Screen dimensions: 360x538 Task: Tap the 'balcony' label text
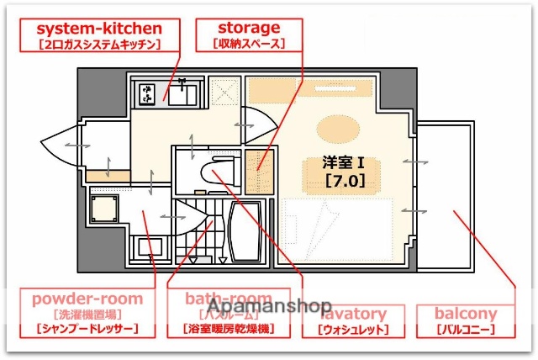[x=465, y=314]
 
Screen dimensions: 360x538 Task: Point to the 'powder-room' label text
[x=87, y=299]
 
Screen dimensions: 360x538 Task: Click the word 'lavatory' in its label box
[x=354, y=315]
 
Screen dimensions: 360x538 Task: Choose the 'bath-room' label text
[x=229, y=299]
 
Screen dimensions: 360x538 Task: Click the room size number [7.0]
[x=345, y=178]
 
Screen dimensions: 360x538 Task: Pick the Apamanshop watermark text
[x=269, y=306]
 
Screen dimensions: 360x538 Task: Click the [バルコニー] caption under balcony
[x=465, y=330]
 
